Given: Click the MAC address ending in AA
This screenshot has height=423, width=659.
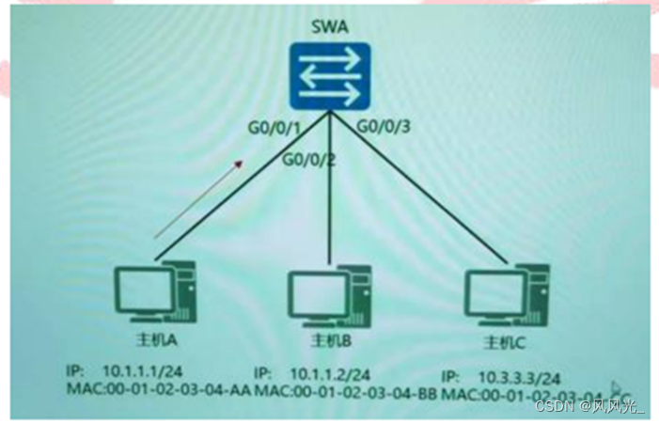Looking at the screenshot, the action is point(158,390).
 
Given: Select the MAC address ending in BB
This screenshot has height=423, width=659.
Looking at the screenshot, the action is point(346,391).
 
